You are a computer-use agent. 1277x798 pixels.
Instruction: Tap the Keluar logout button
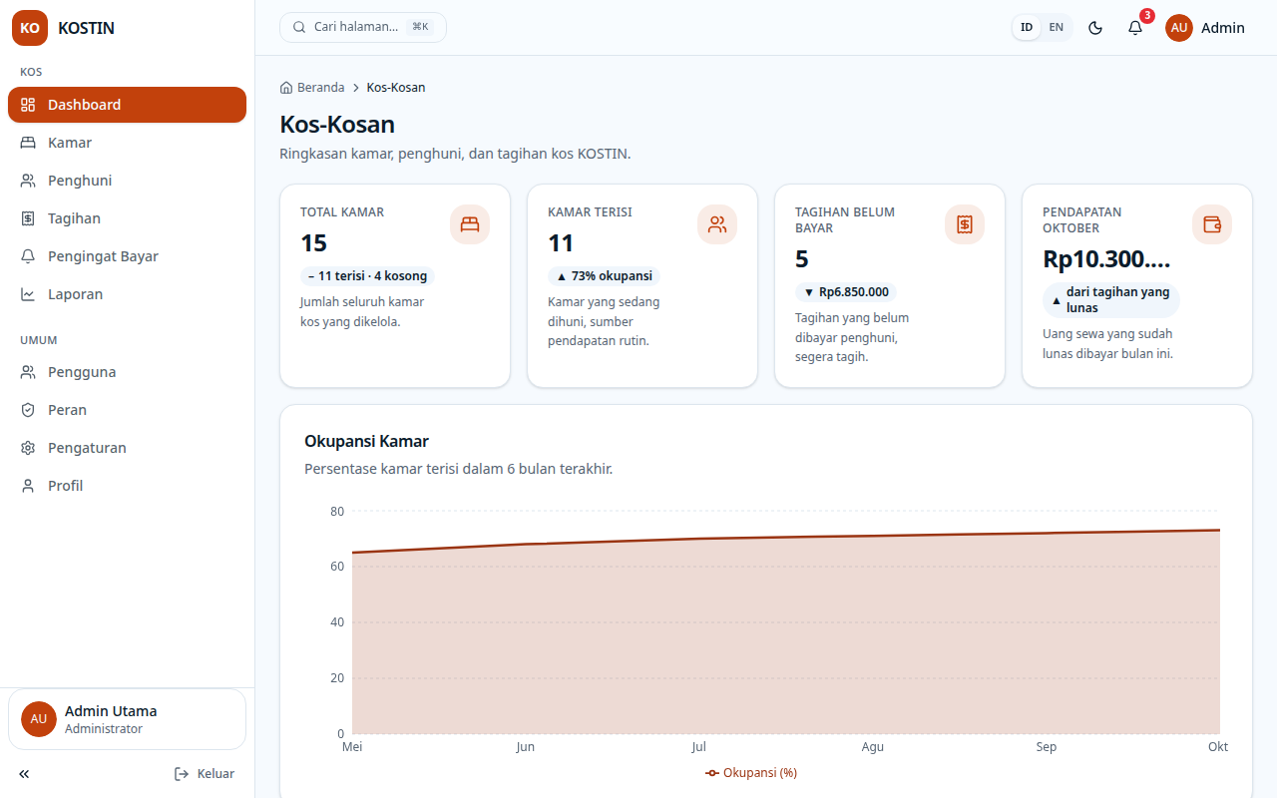tap(205, 773)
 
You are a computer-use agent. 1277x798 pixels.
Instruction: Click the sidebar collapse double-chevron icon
tap(24, 773)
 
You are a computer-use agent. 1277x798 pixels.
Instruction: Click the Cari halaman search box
tap(362, 27)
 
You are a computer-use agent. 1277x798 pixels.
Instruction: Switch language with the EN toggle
tap(1056, 27)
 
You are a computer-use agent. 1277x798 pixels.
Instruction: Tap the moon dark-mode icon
tap(1095, 28)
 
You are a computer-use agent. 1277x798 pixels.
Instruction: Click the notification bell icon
tap(1135, 28)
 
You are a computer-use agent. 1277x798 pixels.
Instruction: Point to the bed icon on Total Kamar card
tap(470, 224)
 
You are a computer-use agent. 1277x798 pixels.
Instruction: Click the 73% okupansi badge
tap(605, 276)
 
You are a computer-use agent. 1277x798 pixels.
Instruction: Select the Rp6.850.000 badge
tap(846, 292)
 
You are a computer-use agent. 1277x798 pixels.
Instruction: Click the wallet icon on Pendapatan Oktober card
tap(1212, 224)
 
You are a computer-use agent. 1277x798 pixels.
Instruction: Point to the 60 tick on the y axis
tap(337, 566)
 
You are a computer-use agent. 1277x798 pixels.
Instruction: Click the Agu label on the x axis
tap(872, 747)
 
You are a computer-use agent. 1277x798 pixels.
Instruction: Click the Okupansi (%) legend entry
tap(751, 773)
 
